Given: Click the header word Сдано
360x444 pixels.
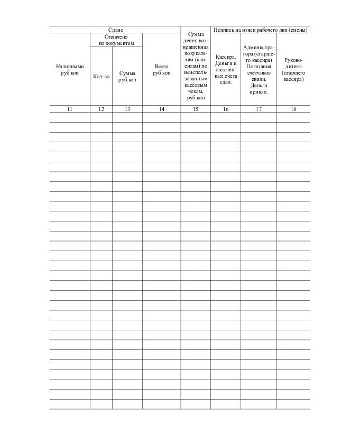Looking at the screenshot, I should (x=115, y=30).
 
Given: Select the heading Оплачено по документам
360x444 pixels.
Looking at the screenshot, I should (x=116, y=40).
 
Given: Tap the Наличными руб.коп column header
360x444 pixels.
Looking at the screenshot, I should (x=70, y=69).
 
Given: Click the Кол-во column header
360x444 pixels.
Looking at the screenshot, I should (x=101, y=77).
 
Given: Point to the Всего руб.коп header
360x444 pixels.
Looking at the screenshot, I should (x=161, y=69).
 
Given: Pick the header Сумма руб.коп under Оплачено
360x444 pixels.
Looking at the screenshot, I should (x=127, y=77).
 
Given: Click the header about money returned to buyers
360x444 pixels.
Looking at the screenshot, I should (x=196, y=66).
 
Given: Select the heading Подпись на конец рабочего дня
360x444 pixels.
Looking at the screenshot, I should (x=260, y=30).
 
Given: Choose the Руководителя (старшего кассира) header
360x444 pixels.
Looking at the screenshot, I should (x=293, y=69).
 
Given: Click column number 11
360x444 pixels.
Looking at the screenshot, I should (x=70, y=109).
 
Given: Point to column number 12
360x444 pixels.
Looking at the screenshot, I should (x=101, y=109).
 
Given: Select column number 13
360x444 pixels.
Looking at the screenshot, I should (x=127, y=109).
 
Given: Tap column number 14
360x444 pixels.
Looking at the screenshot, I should (x=161, y=109).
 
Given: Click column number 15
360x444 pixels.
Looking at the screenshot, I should (x=196, y=109).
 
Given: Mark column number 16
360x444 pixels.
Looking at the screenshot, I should (x=226, y=109).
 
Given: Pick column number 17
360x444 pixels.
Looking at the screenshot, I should (x=259, y=109).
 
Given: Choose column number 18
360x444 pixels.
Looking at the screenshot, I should (x=293, y=109).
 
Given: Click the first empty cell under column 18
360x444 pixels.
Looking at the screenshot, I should (x=293, y=117).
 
